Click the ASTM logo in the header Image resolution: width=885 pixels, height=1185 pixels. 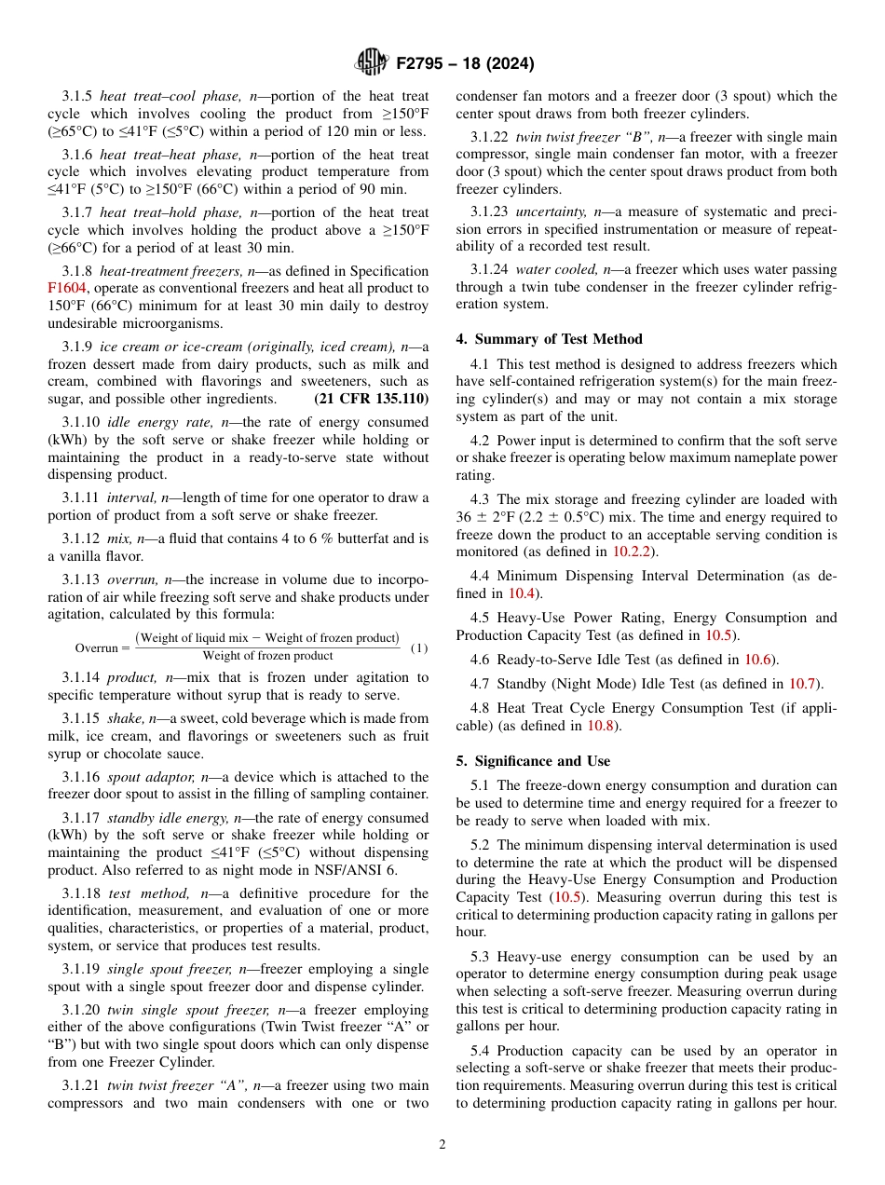(371, 63)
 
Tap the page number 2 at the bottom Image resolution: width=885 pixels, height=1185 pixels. (442, 1145)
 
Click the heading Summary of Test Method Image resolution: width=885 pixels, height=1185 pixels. (549, 339)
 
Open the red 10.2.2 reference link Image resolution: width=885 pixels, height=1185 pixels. (632, 552)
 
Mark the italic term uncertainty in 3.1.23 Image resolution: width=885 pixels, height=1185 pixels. (551, 212)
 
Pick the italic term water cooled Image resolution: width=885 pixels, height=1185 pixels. (555, 270)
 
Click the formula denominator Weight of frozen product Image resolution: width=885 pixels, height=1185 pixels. (267, 656)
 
